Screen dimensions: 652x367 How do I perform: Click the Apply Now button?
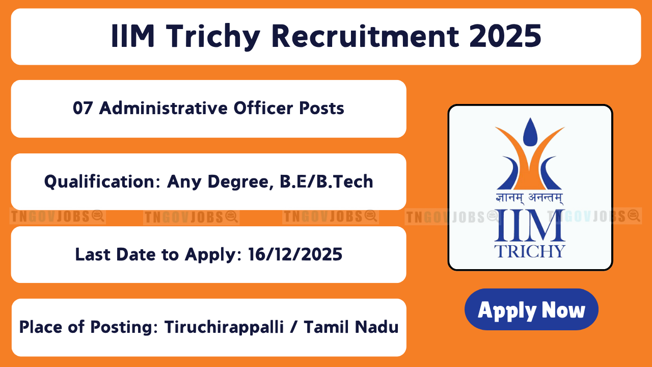[531, 309]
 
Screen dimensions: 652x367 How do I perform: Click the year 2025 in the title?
[505, 36]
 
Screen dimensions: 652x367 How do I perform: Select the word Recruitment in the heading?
[365, 36]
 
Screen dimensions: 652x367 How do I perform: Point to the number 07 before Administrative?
[83, 109]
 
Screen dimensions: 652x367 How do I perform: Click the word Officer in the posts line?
[263, 108]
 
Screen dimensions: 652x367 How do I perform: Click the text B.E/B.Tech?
[327, 181]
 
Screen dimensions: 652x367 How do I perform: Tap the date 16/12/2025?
[295, 254]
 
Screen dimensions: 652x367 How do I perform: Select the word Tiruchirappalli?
[224, 327]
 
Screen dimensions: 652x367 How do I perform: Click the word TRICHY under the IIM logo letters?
[530, 251]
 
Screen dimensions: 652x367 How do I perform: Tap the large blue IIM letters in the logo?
[530, 226]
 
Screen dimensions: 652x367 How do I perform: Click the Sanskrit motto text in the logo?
[529, 198]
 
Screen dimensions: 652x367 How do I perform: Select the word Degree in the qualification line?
[240, 182]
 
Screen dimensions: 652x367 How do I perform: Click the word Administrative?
[164, 108]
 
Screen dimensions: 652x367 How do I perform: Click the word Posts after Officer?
[321, 109]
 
